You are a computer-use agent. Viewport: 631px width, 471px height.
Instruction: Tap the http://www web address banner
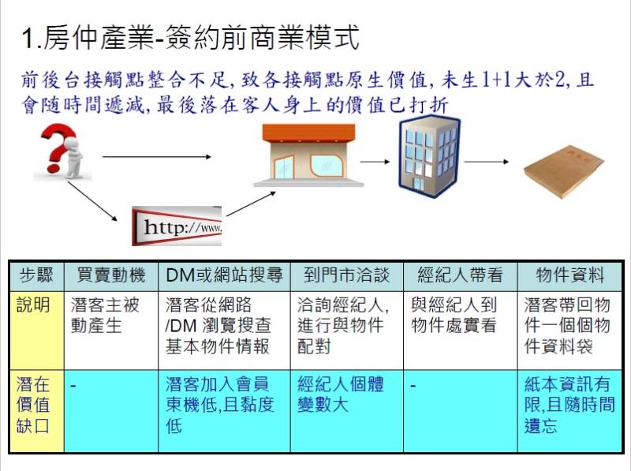pyautogui.click(x=177, y=226)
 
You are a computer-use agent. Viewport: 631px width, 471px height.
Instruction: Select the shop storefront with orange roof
pyautogui.click(x=308, y=155)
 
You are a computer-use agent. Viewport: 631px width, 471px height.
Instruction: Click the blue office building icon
pyautogui.click(x=429, y=156)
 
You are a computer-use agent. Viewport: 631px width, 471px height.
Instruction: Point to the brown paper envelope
pyautogui.click(x=564, y=170)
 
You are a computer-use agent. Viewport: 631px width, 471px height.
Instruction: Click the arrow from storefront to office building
pyautogui.click(x=375, y=162)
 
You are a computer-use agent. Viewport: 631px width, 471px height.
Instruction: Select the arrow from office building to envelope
pyautogui.click(x=487, y=162)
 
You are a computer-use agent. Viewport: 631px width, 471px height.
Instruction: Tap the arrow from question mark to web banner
pyautogui.click(x=92, y=201)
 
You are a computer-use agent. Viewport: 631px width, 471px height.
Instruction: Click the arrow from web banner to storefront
pyautogui.click(x=251, y=204)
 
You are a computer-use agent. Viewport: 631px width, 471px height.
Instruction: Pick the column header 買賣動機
pyautogui.click(x=111, y=276)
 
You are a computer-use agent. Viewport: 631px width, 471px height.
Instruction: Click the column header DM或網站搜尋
pyautogui.click(x=224, y=276)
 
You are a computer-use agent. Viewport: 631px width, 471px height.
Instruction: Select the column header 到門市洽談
pyautogui.click(x=346, y=276)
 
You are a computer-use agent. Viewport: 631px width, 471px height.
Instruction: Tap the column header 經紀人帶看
pyautogui.click(x=460, y=276)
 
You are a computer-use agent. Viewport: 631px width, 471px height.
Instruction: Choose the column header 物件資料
pyautogui.click(x=569, y=276)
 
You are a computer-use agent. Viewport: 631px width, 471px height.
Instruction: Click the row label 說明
pyautogui.click(x=33, y=305)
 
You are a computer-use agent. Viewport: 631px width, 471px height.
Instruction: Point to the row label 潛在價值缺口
pyautogui.click(x=33, y=405)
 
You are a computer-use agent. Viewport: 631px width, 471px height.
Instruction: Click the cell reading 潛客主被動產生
pyautogui.click(x=105, y=316)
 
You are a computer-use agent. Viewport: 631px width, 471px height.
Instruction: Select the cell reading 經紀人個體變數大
pyautogui.click(x=341, y=394)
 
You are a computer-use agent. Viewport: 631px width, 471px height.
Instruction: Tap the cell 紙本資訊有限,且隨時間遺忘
pyautogui.click(x=569, y=405)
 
